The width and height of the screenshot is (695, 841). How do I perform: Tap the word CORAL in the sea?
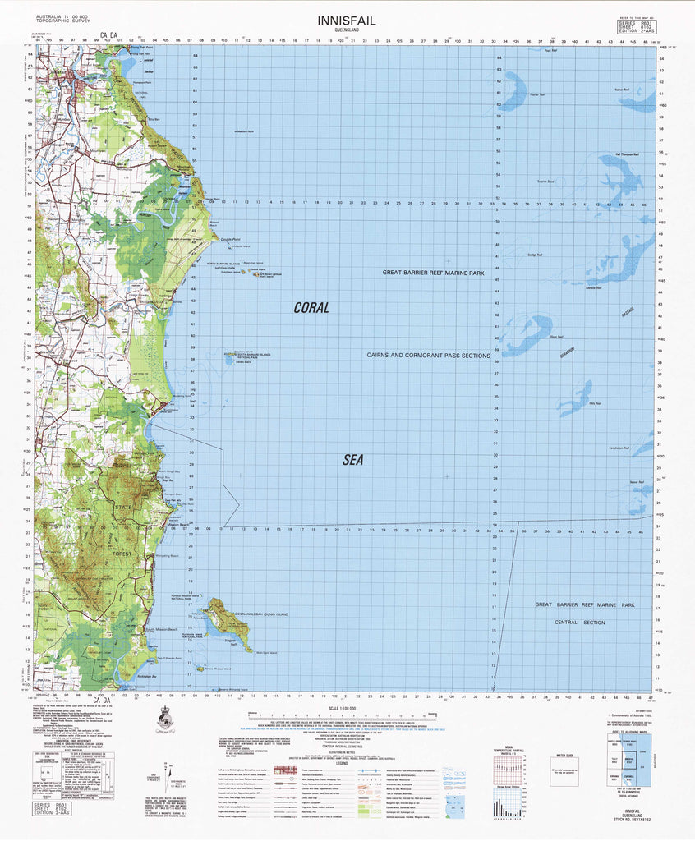(311, 308)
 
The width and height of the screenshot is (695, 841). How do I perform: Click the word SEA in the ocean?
(352, 461)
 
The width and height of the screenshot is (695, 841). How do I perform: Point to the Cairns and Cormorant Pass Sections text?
(428, 356)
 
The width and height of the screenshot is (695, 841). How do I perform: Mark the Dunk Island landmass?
(220, 617)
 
